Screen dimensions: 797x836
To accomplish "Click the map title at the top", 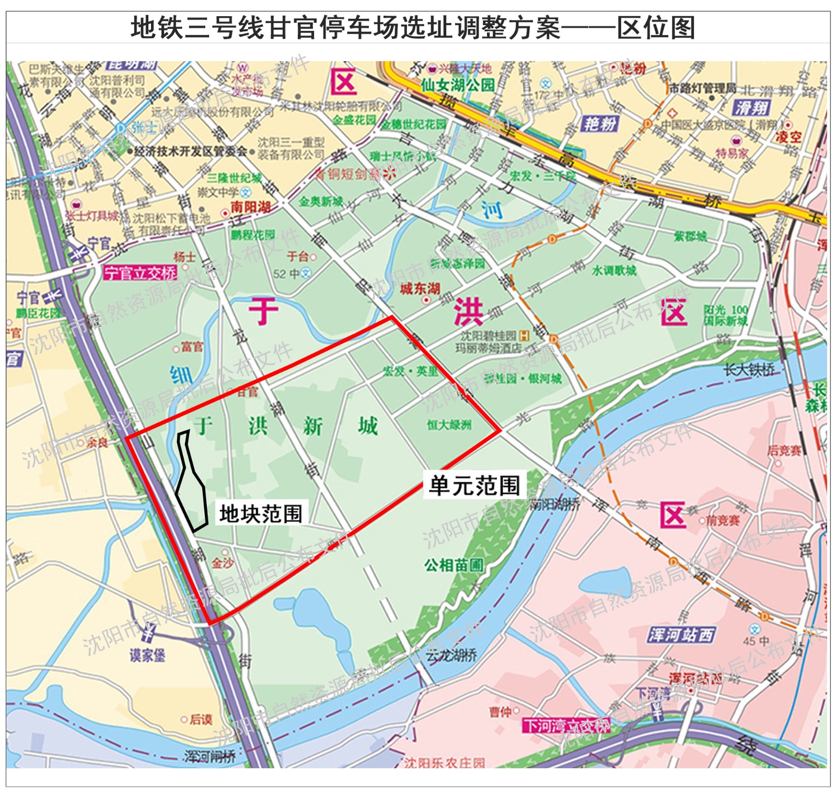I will (413, 27).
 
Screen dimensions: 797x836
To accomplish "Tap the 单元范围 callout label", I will (474, 485).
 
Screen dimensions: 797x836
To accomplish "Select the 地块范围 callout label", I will (261, 513).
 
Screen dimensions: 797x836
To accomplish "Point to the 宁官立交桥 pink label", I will (140, 273).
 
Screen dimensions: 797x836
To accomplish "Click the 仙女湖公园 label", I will (458, 85).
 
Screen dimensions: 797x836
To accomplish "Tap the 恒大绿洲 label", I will (449, 425).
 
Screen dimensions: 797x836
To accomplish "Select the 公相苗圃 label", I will (454, 565).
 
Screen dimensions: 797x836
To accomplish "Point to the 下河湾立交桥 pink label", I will (566, 725).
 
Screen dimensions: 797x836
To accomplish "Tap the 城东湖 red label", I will (420, 288).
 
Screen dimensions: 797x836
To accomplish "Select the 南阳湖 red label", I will (251, 207).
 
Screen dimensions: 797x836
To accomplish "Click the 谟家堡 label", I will (147, 655).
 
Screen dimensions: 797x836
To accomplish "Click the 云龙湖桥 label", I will (451, 655).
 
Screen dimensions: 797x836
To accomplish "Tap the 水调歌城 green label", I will (614, 270).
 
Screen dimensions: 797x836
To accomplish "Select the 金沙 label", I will (223, 562).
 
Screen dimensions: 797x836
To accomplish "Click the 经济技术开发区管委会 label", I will (190, 151).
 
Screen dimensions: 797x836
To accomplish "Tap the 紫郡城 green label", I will (690, 236).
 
